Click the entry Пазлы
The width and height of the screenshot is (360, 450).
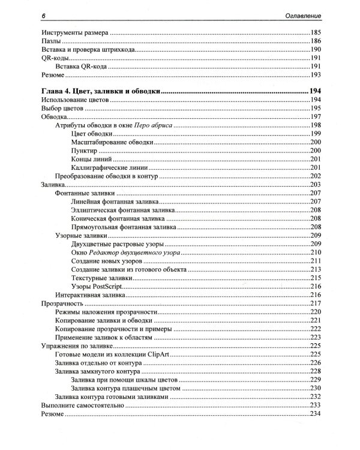[48, 42]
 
